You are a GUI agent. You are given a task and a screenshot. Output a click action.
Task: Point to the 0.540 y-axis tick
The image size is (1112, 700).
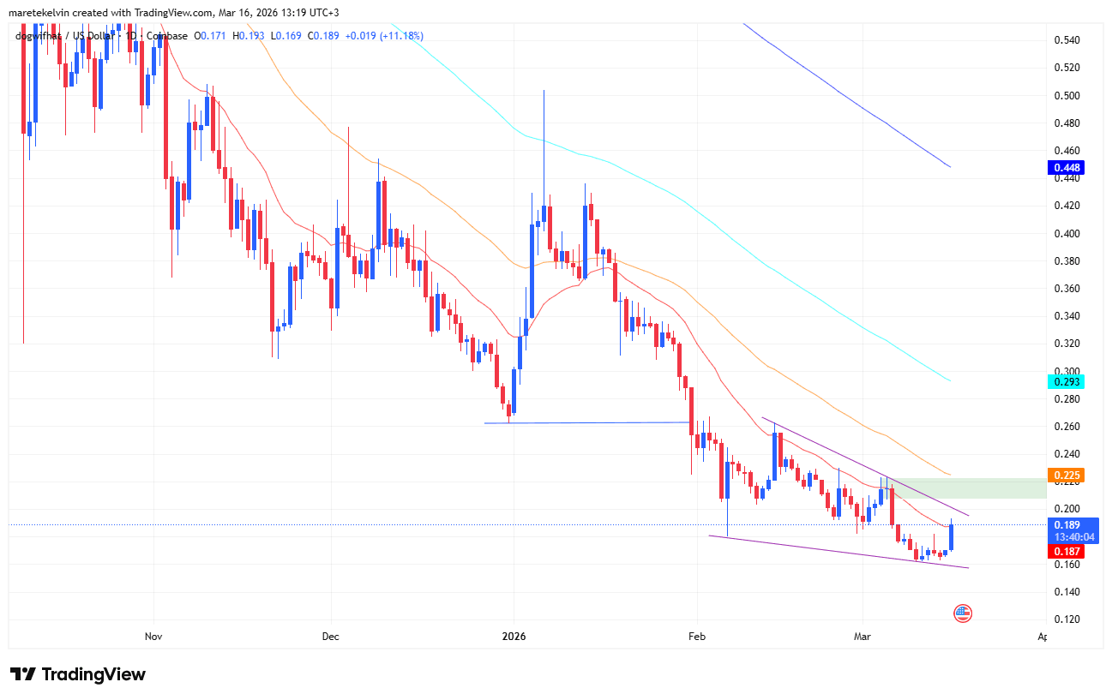(x=1066, y=40)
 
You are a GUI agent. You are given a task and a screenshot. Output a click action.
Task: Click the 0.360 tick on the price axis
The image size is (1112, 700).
(x=1066, y=289)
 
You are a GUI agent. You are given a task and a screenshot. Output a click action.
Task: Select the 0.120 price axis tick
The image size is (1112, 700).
(x=1066, y=619)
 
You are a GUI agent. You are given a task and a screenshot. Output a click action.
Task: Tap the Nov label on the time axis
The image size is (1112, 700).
(x=153, y=637)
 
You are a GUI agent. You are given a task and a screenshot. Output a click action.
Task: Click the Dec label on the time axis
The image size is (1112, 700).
(x=331, y=637)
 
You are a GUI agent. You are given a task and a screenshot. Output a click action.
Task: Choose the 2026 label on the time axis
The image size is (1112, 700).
(x=514, y=637)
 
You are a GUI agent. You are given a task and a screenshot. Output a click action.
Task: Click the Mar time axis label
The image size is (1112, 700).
(x=863, y=637)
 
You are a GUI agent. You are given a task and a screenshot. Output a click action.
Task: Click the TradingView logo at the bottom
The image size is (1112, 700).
(x=78, y=674)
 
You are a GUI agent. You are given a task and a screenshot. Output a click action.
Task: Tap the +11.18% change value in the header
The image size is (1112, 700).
(x=397, y=36)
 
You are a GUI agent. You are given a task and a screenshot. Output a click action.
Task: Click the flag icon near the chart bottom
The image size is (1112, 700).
(x=963, y=613)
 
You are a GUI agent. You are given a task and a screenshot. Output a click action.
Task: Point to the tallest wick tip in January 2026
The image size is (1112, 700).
(x=544, y=90)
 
